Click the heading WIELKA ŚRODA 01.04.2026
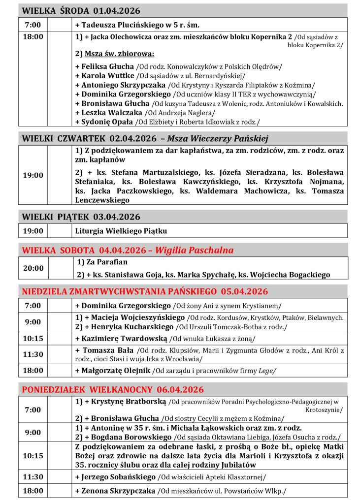point(81,11)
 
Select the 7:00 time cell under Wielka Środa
point(33,25)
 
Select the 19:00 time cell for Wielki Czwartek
point(33,175)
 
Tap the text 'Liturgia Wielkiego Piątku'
point(121,230)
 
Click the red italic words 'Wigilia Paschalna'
point(194,250)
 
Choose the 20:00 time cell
point(33,268)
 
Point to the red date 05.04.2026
point(244,291)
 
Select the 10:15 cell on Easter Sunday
point(33,338)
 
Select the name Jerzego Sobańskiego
point(117,476)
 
